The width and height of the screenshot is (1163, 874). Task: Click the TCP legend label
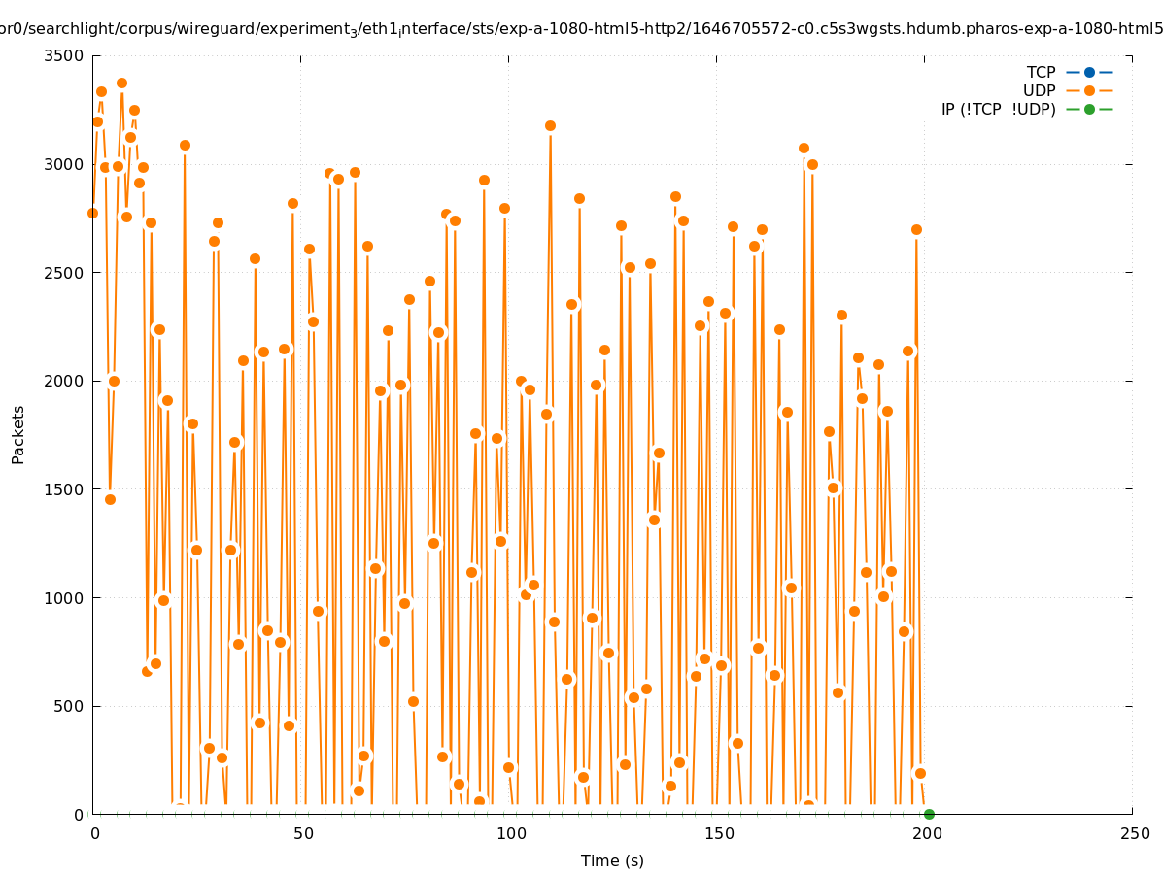(x=1041, y=73)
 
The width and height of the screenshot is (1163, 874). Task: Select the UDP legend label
(x=1039, y=91)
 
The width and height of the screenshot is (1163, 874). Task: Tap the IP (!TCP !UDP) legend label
(x=998, y=110)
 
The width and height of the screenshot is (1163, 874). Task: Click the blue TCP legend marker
(x=1089, y=73)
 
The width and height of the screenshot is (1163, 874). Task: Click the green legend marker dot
(x=1089, y=110)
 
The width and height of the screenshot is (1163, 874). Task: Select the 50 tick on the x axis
(x=303, y=834)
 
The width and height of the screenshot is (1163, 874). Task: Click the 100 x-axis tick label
(x=511, y=834)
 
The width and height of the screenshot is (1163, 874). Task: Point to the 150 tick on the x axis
(x=719, y=834)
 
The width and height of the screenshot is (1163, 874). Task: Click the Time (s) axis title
(x=612, y=861)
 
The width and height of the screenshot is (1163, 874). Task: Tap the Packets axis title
(x=18, y=435)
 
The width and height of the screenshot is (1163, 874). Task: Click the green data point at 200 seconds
(x=929, y=815)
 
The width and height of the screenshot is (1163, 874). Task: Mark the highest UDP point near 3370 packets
(x=121, y=84)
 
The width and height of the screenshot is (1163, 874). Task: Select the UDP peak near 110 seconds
(x=550, y=126)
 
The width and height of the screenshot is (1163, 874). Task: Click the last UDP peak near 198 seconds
(x=916, y=230)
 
